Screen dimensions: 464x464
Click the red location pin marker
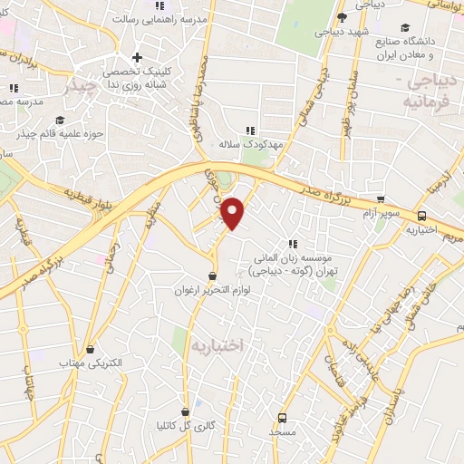pos(234,213)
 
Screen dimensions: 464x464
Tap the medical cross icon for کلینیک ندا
pos(137,58)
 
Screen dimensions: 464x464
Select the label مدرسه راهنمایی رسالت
pos(169,18)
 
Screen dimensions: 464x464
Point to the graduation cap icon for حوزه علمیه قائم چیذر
pos(61,120)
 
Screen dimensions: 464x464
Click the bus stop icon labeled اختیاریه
pos(422,216)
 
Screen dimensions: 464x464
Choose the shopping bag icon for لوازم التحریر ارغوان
pos(213,275)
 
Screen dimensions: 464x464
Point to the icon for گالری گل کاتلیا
pos(186,410)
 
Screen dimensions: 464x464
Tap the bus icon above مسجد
pos(282,418)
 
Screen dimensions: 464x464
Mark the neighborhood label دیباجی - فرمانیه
pos(430,90)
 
